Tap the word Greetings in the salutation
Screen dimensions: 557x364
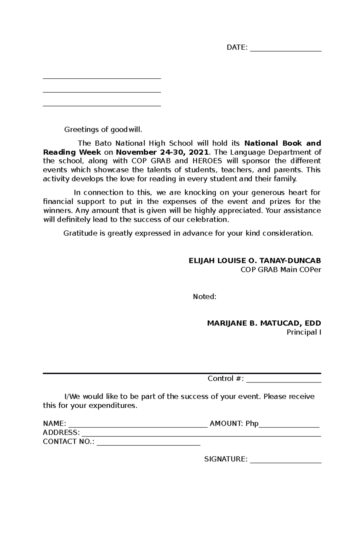[82, 130]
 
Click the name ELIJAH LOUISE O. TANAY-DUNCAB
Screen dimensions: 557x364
[255, 261]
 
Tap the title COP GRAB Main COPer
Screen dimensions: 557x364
[281, 270]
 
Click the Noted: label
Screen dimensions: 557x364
[205, 297]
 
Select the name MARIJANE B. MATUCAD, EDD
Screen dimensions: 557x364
[264, 323]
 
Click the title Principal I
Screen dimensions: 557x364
[304, 332]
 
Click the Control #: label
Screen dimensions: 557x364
[226, 379]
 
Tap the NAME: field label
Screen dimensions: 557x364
[55, 423]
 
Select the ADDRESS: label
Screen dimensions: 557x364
[62, 433]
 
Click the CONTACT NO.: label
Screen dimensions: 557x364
[69, 442]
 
